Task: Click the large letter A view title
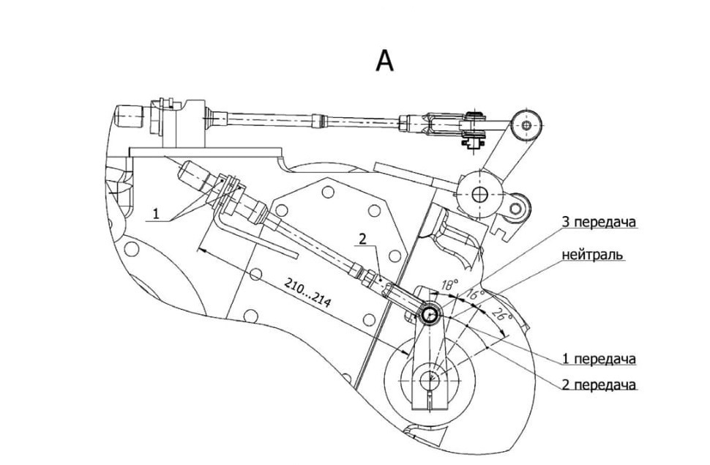click(x=385, y=62)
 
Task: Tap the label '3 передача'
click(x=599, y=223)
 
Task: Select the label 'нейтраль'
click(x=593, y=255)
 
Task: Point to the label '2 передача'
click(x=599, y=384)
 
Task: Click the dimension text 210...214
click(x=307, y=293)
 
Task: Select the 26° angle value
click(x=501, y=313)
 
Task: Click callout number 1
click(x=156, y=213)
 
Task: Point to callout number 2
click(x=363, y=239)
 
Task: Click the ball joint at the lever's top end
click(x=429, y=314)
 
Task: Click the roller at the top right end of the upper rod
click(x=526, y=124)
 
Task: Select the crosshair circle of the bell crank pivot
click(x=479, y=195)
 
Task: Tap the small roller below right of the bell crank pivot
click(x=516, y=209)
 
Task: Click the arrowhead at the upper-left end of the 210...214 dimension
click(x=202, y=249)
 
